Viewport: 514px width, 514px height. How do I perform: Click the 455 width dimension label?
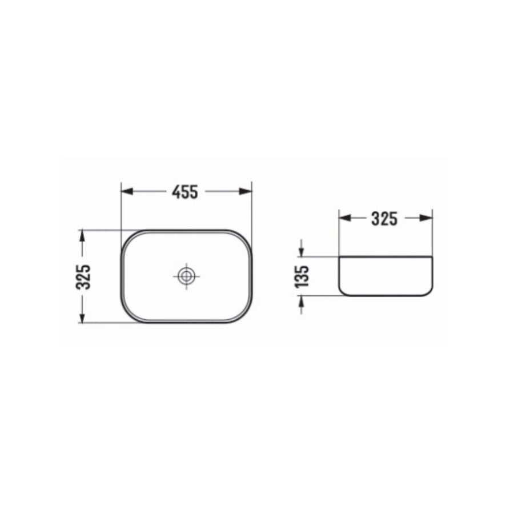pyautogui.click(x=185, y=192)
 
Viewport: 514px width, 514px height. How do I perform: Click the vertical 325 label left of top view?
pyautogui.click(x=83, y=276)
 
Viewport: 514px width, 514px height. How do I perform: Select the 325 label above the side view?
pyautogui.click(x=384, y=218)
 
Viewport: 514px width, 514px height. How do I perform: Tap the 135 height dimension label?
pyautogui.click(x=302, y=276)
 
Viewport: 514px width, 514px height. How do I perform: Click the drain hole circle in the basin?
pyautogui.click(x=186, y=276)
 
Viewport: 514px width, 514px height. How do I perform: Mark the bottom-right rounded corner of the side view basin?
pyautogui.click(x=429, y=292)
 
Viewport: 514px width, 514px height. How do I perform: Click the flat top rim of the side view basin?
pyautogui.click(x=385, y=257)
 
